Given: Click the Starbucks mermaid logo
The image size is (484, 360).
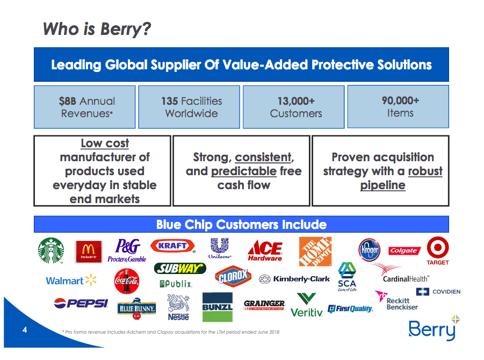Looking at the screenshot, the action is point(51,250).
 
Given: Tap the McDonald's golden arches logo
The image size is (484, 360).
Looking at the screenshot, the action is point(89,251).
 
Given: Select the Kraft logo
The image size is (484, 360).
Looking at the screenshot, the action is point(173,246).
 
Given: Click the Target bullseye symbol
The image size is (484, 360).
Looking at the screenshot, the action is point(438,248).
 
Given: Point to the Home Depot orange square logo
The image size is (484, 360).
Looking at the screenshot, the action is point(315,251).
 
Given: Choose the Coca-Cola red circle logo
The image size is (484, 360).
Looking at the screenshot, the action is point(126,281).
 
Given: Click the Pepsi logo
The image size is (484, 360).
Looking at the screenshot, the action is point(81,303).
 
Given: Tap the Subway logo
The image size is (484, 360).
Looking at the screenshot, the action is point(180,268).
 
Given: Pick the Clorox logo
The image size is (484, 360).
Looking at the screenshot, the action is point(233,276).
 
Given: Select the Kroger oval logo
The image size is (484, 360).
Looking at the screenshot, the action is point(370,250).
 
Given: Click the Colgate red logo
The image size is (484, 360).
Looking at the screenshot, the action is point(404,250).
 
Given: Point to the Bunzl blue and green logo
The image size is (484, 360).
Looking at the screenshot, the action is point(218,307).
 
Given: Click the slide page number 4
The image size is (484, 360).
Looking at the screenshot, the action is point(25,330).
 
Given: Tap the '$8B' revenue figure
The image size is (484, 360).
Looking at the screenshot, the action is point(68,101).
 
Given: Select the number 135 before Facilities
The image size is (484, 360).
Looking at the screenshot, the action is point(169,101).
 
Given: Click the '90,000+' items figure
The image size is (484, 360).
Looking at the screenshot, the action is point(400,100).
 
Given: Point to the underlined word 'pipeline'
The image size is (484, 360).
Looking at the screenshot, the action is point(383,185).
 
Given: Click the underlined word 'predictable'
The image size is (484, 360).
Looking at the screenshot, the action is point(244,171).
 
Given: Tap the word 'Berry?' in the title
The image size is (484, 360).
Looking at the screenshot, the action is point(125,29).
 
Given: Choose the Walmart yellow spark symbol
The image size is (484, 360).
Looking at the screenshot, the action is point(91,280).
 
